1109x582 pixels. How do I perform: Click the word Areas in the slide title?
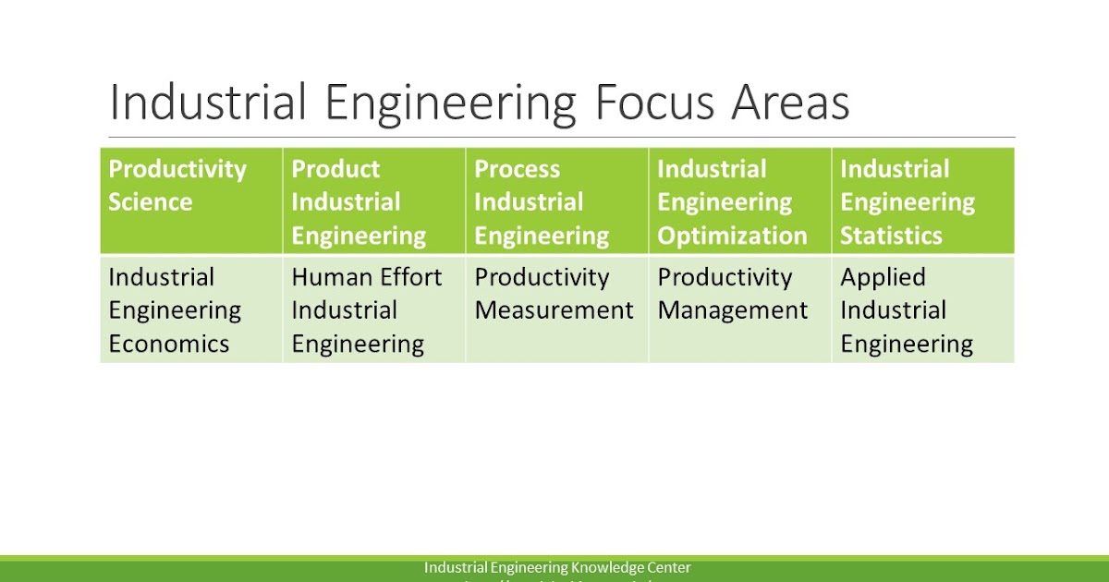[791, 103]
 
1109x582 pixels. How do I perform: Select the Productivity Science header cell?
[190, 200]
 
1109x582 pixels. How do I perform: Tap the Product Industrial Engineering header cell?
[373, 200]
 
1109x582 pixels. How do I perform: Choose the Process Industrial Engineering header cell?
[556, 200]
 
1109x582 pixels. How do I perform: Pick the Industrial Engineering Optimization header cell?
[739, 200]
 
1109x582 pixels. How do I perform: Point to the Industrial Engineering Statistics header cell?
[922, 200]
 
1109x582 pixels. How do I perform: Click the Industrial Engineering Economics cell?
[190, 309]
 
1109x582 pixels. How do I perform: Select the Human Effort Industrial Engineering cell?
[373, 309]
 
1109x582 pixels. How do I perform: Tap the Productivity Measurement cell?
[556, 309]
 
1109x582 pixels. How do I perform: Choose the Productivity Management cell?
[739, 309]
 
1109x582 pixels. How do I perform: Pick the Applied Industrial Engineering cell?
[922, 309]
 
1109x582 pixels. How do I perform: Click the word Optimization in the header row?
[732, 236]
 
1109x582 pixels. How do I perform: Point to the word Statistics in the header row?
[891, 236]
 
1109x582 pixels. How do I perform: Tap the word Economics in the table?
[169, 344]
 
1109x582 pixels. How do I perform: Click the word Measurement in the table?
[554, 310]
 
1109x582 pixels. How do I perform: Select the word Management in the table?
[733, 310]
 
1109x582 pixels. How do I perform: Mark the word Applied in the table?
[883, 277]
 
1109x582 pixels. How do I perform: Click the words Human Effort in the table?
[367, 277]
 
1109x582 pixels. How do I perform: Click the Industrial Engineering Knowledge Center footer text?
[557, 567]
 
